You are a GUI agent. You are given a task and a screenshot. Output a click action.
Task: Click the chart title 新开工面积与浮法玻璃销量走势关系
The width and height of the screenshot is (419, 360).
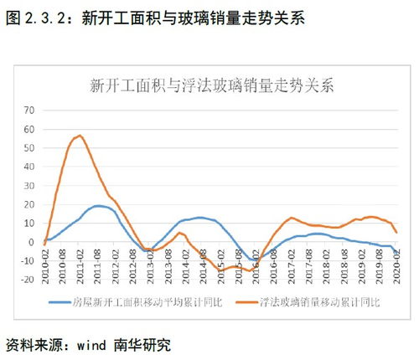[212, 85]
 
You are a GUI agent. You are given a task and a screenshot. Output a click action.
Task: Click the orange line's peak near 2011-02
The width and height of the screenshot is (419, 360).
[80, 136]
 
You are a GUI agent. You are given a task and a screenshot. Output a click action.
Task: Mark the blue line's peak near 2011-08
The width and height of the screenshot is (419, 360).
[99, 205]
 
